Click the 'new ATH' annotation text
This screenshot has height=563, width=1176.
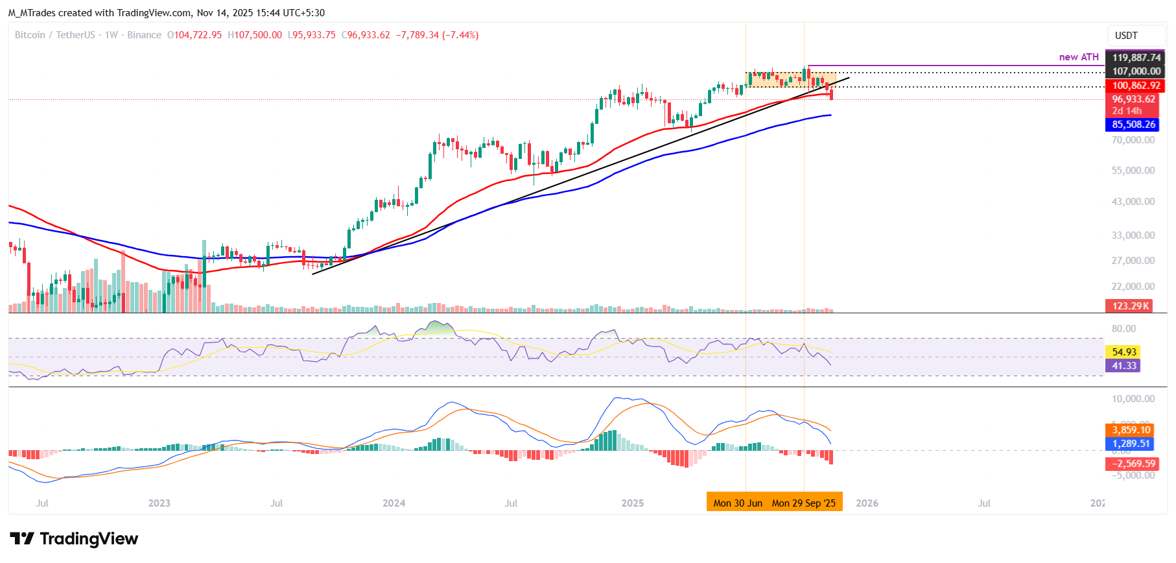click(x=1079, y=57)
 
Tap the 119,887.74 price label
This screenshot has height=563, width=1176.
click(x=1136, y=58)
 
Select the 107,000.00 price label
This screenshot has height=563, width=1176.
click(x=1136, y=71)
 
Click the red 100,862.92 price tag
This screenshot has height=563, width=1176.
click(x=1136, y=86)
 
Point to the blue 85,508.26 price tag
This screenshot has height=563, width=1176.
click(x=1133, y=125)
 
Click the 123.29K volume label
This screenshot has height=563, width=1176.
click(x=1130, y=306)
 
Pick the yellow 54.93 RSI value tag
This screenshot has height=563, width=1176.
click(x=1124, y=352)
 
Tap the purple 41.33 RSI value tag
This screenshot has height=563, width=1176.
click(x=1124, y=366)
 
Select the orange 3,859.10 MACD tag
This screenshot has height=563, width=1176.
click(x=1131, y=430)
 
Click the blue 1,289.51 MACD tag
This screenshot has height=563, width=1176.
click(x=1131, y=444)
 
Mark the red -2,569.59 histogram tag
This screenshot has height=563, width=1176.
click(x=1133, y=464)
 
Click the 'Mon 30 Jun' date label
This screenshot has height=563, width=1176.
click(x=738, y=503)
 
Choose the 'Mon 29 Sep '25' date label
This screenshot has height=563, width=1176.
click(x=804, y=503)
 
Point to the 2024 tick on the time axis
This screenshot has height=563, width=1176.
click(x=394, y=503)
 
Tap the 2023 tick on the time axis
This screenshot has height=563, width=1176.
click(x=159, y=503)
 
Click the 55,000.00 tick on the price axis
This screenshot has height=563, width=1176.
click(x=1133, y=171)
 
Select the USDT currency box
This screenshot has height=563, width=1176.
click(x=1126, y=36)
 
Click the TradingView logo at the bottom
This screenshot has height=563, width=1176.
click(x=75, y=539)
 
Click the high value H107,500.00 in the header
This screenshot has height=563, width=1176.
click(x=255, y=35)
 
